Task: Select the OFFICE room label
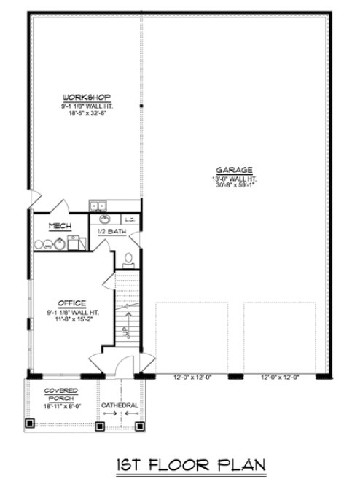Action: click(74, 302)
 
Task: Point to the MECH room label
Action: click(60, 227)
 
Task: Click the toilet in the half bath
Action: click(128, 257)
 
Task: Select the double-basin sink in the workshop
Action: click(98, 206)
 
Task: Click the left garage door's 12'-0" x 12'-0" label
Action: click(192, 377)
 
